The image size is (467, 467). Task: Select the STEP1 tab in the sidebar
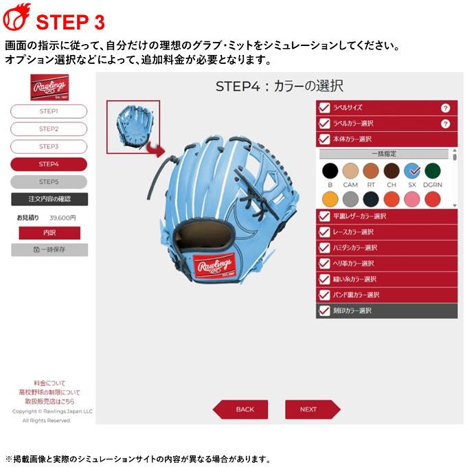tap(49, 111)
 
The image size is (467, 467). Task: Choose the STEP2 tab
tap(49, 128)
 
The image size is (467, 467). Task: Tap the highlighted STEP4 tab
tap(49, 164)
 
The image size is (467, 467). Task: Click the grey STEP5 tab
tap(49, 182)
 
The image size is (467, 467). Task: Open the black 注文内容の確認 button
tap(49, 199)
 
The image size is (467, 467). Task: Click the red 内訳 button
tap(49, 233)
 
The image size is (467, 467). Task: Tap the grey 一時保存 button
tap(49, 250)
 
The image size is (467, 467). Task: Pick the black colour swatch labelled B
tap(330, 170)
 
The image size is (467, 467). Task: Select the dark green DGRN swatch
tap(432, 170)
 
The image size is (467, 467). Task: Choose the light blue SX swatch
tap(412, 170)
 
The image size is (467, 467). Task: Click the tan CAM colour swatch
tap(350, 170)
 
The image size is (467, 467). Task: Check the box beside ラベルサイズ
tap(324, 108)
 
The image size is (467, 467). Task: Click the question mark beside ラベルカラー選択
tap(445, 124)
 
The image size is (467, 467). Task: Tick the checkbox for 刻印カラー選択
tap(324, 310)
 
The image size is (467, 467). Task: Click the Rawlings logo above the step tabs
tap(49, 87)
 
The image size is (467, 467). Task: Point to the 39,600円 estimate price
tap(63, 217)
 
